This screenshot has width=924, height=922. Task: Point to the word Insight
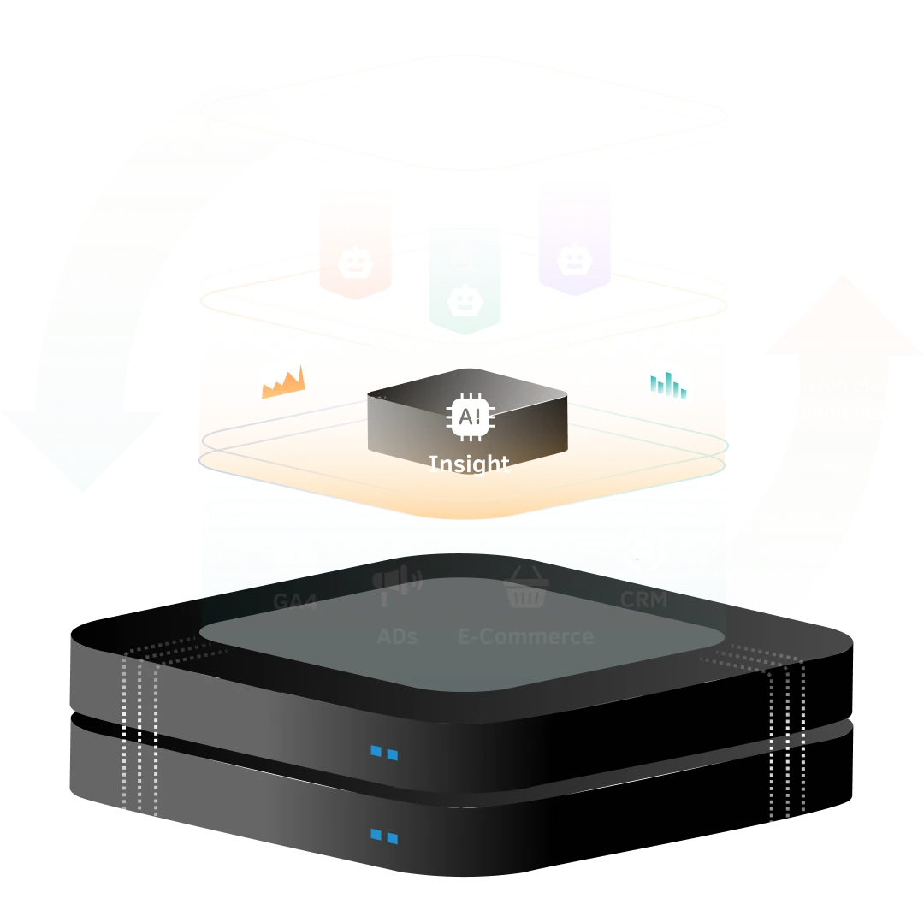469,464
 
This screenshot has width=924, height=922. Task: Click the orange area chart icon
282,381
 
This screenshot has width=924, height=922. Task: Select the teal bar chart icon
669,383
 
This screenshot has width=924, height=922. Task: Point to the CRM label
643,600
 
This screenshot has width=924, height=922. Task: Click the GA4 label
295,601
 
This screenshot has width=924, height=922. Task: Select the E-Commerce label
525,637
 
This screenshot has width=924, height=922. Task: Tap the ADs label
397,637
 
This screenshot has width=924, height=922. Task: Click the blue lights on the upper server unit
384,754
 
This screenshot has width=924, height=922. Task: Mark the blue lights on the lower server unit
384,836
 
